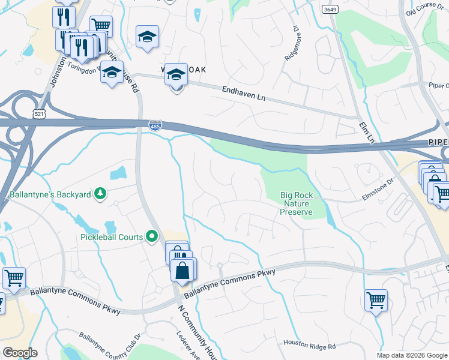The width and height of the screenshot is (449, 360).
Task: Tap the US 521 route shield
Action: point(38,113)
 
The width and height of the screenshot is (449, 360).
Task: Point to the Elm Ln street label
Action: point(367,131)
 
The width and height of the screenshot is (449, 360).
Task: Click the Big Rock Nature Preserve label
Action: point(297,203)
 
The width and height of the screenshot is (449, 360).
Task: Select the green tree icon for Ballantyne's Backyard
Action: point(101,193)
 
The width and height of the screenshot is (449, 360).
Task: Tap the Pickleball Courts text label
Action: point(112,237)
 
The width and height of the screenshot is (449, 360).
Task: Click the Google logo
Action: point(20,353)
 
